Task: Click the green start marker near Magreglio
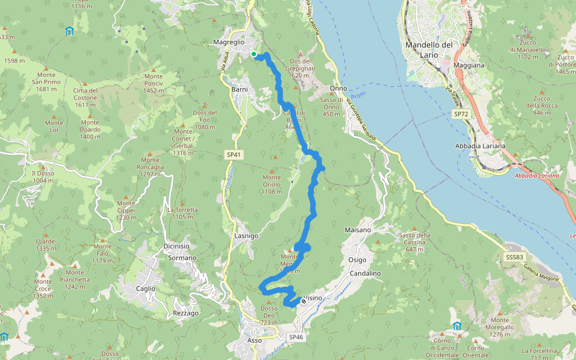coord(254,54)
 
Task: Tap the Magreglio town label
coord(229,42)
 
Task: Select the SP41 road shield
coord(234,155)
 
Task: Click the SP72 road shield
coord(461,113)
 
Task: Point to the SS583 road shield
coord(514,257)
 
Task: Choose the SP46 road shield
coord(296,337)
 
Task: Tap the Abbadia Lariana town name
coord(481,146)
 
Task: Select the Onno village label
coord(338,88)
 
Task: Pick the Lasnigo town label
coord(247,236)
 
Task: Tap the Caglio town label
coord(145,289)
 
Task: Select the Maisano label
coord(358,230)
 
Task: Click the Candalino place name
coord(365,273)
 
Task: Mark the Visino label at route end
coord(313,298)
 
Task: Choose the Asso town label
coord(254,340)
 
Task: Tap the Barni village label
coord(239,89)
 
